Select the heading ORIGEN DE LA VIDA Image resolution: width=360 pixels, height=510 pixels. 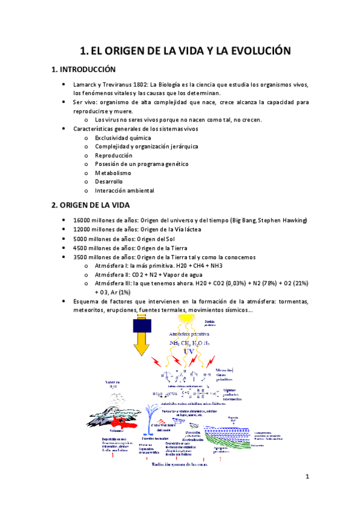pyautogui.click(x=96, y=205)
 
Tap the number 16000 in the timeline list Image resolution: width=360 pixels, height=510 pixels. pyautogui.click(x=83, y=221)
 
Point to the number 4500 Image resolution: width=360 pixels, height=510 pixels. pyautogui.click(x=81, y=248)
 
